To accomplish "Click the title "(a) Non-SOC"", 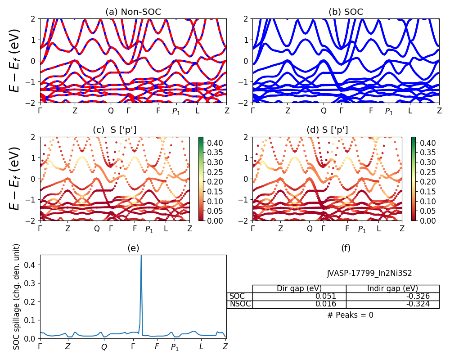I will tap(133, 12).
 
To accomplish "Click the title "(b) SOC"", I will tap(346, 12).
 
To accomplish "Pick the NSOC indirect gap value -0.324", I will tap(416, 304).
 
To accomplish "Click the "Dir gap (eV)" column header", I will tap(299, 288).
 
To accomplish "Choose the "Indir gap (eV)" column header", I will tap(392, 288).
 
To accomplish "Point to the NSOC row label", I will tap(239, 304).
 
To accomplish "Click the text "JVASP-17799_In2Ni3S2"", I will tap(369, 273).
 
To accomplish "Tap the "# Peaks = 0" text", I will tap(351, 315).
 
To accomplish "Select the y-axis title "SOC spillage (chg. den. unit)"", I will tap(17, 297).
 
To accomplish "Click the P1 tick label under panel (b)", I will tap(389, 111).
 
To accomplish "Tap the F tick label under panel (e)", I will tap(157, 346).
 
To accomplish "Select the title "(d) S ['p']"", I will tap(327, 130).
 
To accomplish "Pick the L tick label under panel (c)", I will tap(166, 229).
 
